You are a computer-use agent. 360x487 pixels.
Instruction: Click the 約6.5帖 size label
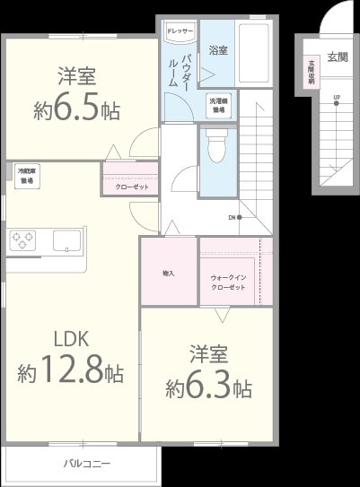click(x=77, y=111)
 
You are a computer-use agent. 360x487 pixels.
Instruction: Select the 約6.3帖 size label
click(x=207, y=388)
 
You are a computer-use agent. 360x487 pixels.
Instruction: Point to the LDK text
click(x=71, y=340)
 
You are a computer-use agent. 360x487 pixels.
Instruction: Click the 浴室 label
click(x=218, y=51)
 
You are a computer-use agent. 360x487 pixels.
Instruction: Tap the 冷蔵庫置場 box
click(x=26, y=176)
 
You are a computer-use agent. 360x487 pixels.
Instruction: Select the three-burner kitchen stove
click(x=22, y=240)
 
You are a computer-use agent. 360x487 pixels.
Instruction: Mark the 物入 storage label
click(x=168, y=272)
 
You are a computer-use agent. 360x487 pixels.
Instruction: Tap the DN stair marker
click(x=231, y=217)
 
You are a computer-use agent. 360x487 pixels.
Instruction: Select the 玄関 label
click(x=338, y=57)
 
